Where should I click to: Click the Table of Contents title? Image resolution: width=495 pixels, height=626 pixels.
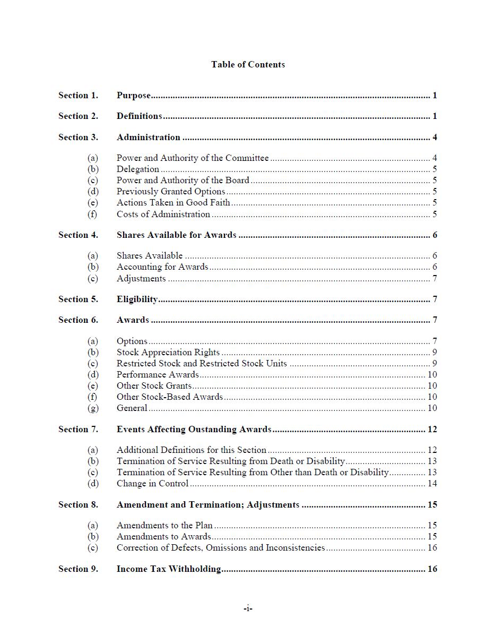pos(248,64)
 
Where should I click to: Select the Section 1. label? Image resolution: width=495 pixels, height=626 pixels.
pos(78,96)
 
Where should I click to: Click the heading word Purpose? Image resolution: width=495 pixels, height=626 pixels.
pos(134,96)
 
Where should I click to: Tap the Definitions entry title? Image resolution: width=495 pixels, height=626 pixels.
pos(139,116)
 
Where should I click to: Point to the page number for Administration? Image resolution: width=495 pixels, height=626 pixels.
pos(435,138)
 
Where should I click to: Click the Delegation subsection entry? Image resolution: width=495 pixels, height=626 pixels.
pos(138,169)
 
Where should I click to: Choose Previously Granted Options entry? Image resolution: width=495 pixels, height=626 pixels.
pos(171,192)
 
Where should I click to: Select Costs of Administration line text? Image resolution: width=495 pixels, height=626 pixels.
pos(163,215)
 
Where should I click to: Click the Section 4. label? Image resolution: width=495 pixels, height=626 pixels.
pos(78,235)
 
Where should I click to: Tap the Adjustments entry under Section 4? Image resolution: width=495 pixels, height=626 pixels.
pos(141,279)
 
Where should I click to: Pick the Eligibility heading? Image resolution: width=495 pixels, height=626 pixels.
pos(137,299)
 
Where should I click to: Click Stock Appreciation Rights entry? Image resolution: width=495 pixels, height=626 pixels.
pos(168,353)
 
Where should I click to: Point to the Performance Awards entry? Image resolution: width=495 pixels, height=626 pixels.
pos(158,375)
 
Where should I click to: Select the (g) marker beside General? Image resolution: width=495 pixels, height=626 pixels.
pos(93,408)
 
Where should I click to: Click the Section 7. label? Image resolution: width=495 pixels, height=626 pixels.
pos(78,430)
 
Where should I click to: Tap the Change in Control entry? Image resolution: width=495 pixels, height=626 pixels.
pos(152,484)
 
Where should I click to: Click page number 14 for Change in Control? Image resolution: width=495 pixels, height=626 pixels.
pos(432,484)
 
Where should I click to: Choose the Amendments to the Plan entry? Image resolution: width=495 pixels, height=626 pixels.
pos(164,526)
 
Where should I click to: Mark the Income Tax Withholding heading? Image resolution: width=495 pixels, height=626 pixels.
pos(169,569)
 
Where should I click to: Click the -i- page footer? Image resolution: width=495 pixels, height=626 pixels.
pos(248,608)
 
